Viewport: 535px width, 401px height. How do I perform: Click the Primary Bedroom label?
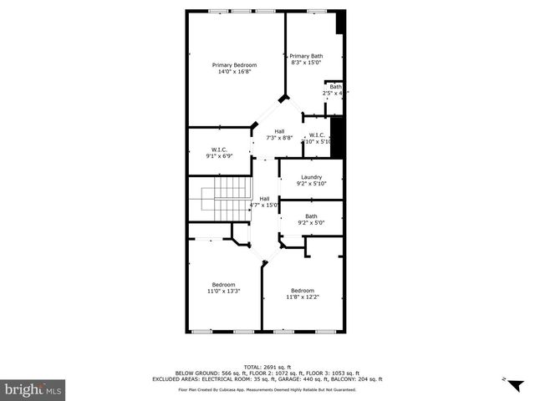(234, 64)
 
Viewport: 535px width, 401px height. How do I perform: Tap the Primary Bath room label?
(306, 56)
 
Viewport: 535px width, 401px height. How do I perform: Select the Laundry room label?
(311, 177)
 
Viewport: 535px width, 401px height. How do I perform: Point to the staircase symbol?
(220, 201)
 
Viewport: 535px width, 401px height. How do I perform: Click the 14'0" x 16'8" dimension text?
(234, 72)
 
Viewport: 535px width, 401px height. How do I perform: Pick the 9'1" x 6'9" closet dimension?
(219, 156)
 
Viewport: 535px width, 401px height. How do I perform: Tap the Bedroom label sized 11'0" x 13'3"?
(223, 284)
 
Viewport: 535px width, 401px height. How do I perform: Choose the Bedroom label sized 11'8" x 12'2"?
(303, 290)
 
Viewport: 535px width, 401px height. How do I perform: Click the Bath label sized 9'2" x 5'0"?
(311, 216)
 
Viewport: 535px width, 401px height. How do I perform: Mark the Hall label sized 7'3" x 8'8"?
(279, 130)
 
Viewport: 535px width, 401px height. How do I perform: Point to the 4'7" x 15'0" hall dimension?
(264, 205)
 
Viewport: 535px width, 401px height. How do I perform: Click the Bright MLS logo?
(33, 389)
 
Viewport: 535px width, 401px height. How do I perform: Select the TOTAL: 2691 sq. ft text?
(267, 367)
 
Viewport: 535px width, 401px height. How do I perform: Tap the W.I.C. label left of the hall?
(219, 150)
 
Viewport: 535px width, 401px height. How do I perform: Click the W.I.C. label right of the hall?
(317, 135)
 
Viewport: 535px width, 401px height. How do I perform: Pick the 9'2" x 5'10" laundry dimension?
(311, 184)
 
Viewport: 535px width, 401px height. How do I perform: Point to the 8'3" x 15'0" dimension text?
(306, 63)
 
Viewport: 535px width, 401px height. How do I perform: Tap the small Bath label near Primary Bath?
(335, 86)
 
